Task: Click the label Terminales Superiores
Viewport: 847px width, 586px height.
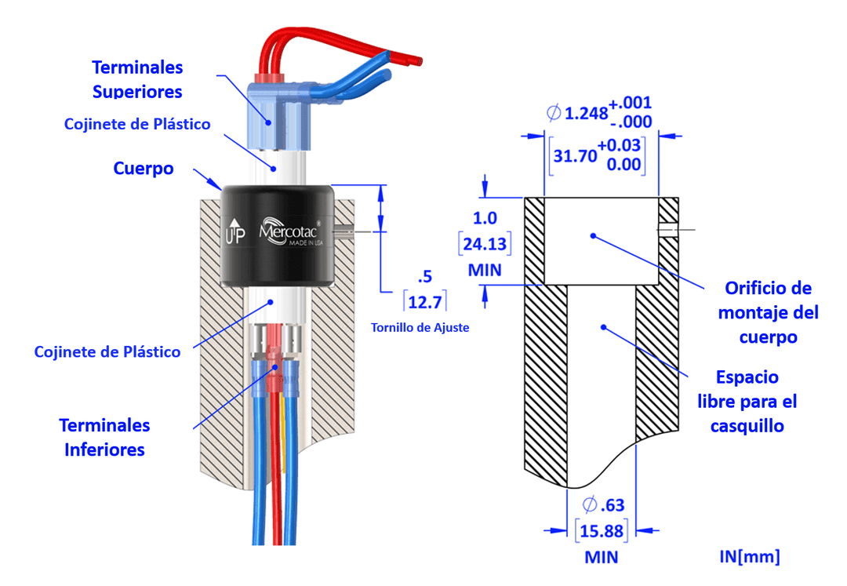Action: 137,79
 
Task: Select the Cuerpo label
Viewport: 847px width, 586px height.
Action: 144,169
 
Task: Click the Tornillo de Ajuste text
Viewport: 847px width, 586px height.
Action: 420,327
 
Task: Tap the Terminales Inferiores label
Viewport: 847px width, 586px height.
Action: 104,437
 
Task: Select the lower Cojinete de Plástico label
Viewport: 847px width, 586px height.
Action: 107,352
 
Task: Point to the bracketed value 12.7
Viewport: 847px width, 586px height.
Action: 426,300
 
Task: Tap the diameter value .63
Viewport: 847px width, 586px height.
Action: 604,504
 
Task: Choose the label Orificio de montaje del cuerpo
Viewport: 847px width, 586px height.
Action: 768,312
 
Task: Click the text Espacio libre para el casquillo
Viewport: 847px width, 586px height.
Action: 747,402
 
